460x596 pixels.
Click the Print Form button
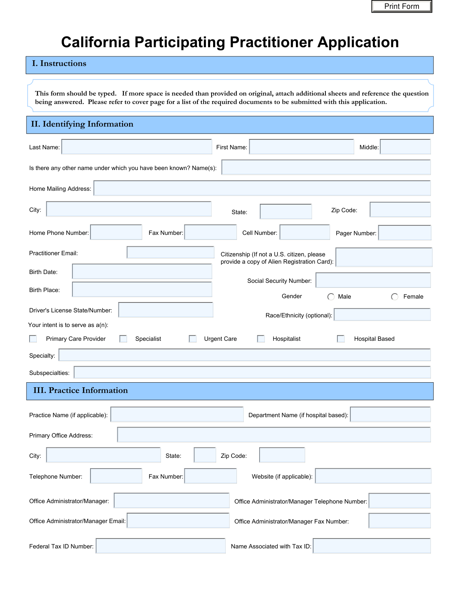(401, 7)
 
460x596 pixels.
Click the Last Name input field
(136, 147)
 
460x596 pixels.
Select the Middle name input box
(405, 147)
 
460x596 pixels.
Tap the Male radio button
(331, 297)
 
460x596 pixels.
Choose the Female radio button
(394, 297)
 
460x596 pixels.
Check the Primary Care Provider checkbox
(33, 339)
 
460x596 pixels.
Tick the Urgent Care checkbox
(193, 339)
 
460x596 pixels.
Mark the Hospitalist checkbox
(261, 339)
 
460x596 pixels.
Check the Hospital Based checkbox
(341, 339)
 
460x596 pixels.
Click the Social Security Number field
(373, 280)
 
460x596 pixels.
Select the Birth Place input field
(142, 289)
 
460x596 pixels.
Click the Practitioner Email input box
(170, 253)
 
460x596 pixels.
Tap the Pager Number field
(404, 233)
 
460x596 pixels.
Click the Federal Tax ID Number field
(161, 546)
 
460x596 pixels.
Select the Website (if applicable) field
(373, 476)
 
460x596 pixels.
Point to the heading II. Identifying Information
(82, 124)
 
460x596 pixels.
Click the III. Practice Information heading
(80, 391)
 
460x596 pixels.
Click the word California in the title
(95, 42)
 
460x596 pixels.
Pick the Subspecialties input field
(252, 372)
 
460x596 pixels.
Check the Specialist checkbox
(123, 339)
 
